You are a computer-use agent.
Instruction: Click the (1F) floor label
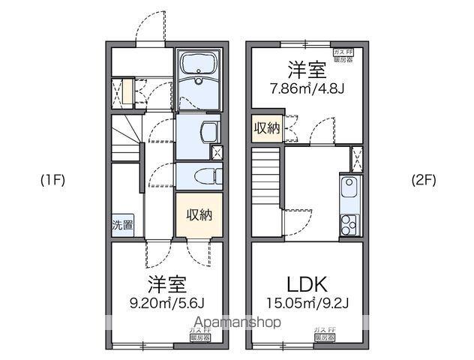53,180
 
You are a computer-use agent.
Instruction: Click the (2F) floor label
424,180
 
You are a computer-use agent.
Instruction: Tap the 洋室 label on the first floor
166,285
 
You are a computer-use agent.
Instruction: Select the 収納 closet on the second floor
266,128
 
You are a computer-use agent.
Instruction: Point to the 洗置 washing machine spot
121,224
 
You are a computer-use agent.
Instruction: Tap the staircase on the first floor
127,138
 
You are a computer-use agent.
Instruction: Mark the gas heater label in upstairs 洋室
343,54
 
